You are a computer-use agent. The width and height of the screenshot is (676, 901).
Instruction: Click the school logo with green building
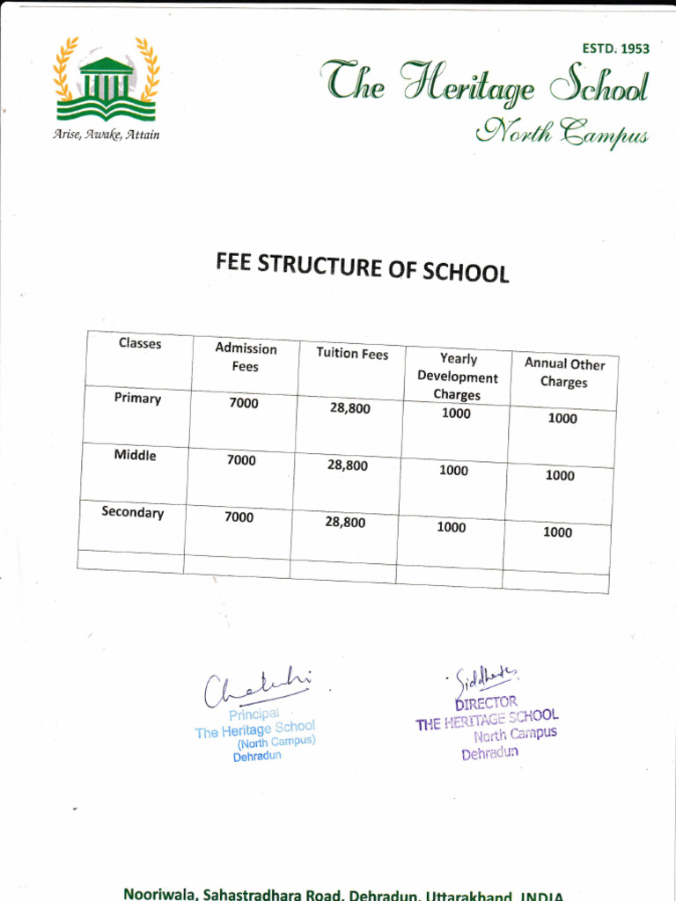107,81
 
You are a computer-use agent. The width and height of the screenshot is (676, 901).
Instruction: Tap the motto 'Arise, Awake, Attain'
107,135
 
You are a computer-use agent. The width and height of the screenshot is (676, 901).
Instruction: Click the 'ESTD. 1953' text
615,48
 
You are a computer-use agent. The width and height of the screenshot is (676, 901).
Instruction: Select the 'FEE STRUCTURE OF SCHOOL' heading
363,267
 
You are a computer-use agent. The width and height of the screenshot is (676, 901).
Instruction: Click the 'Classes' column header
140,343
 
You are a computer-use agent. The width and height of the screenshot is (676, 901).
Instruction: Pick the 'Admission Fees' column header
246,357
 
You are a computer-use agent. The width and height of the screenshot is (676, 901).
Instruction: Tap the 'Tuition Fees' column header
352,354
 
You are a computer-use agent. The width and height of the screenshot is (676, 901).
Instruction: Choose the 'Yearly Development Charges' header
457,377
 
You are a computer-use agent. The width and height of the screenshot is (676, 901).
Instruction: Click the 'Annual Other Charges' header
564,373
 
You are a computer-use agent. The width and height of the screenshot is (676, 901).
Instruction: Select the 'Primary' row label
137,399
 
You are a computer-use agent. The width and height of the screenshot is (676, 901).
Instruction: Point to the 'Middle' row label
135,455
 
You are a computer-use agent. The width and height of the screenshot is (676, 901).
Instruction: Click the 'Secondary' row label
132,512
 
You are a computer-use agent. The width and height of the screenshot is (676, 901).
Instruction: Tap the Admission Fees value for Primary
243,403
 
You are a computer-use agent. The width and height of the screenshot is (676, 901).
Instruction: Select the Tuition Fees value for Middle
348,465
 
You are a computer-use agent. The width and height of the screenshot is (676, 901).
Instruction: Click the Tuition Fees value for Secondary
345,522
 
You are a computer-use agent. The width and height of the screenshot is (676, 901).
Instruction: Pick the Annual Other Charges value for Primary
562,419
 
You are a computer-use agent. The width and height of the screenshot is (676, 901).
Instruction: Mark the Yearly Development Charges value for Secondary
452,527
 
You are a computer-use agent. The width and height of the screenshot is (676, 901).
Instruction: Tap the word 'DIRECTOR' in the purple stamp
486,703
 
